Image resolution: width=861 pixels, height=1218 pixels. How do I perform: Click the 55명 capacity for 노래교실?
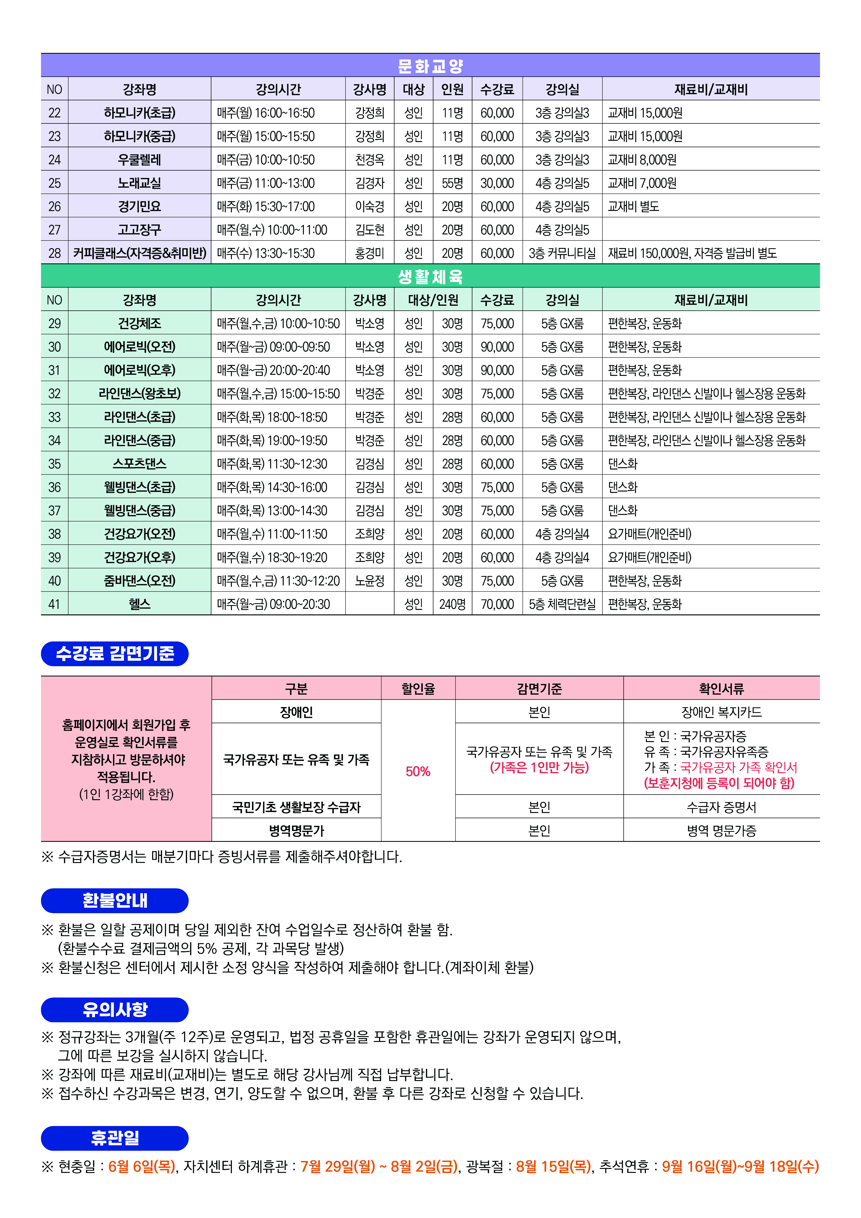[x=452, y=183]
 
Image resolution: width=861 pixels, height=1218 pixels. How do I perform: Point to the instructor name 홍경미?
[x=369, y=253]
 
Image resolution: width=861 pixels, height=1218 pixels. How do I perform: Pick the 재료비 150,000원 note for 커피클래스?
[x=692, y=253]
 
